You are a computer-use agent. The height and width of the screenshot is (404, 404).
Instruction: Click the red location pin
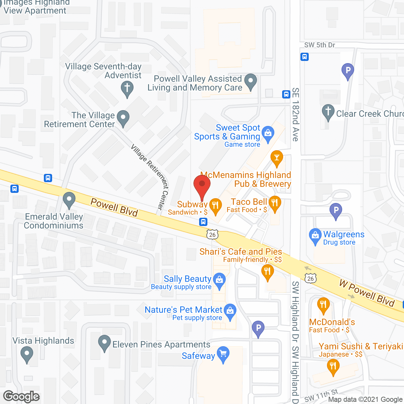(202, 185)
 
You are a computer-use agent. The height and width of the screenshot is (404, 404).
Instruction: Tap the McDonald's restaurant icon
(323, 305)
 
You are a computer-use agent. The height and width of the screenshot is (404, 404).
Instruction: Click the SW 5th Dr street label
(319, 45)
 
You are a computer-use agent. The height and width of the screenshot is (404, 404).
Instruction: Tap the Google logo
(21, 396)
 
